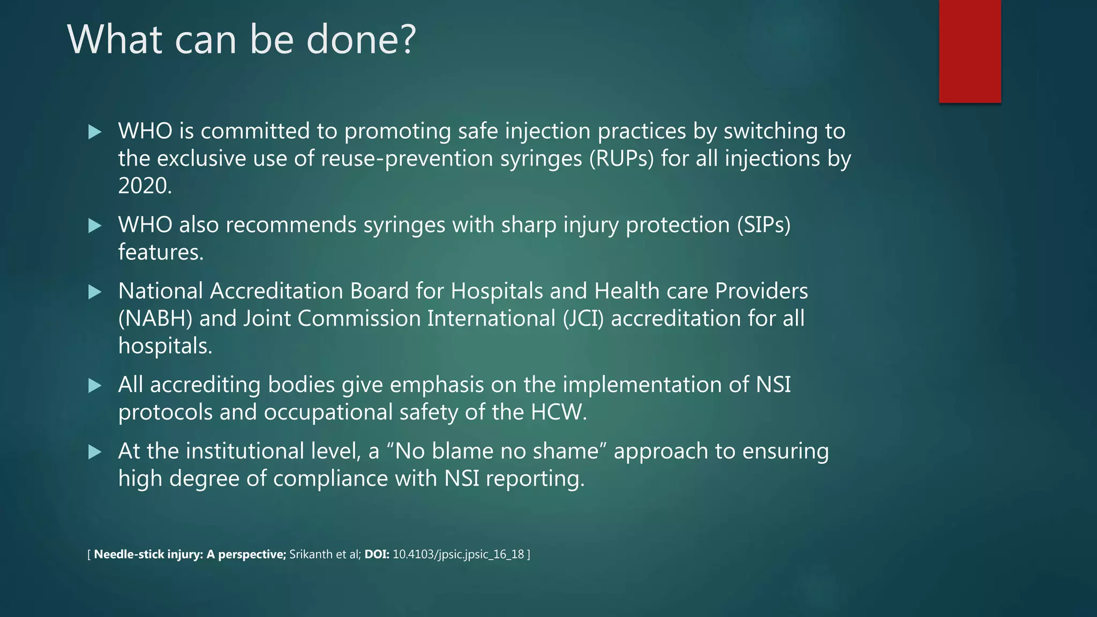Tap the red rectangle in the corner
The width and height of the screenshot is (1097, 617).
point(970,51)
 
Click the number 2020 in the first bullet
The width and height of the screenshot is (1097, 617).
point(145,186)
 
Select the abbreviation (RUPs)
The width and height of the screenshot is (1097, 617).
point(621,159)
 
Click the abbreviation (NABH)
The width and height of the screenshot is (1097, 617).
point(155,319)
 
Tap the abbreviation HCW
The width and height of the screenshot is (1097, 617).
point(558,412)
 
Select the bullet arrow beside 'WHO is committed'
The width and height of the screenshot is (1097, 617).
point(95,132)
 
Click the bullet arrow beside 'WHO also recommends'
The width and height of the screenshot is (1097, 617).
point(95,225)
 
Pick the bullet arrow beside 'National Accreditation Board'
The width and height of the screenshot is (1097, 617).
point(95,292)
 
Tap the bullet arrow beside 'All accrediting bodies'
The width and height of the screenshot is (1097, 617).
point(95,386)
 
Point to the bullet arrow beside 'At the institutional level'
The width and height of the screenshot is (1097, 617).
point(95,452)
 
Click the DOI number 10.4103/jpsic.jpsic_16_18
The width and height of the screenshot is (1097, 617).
point(458,554)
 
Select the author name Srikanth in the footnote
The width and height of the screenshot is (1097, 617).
point(310,554)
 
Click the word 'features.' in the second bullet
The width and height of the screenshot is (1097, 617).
point(161,252)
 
